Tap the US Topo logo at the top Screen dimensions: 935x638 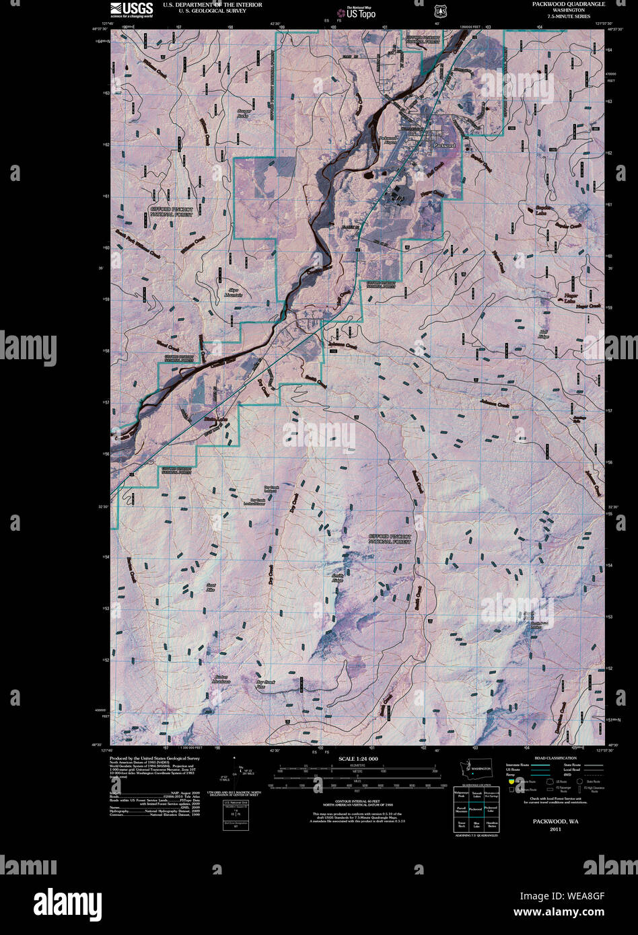(357, 11)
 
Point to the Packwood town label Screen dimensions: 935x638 (444, 145)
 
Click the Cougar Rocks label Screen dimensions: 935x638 (243, 113)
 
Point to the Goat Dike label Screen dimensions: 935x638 (211, 587)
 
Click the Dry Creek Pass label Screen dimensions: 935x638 (267, 684)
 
